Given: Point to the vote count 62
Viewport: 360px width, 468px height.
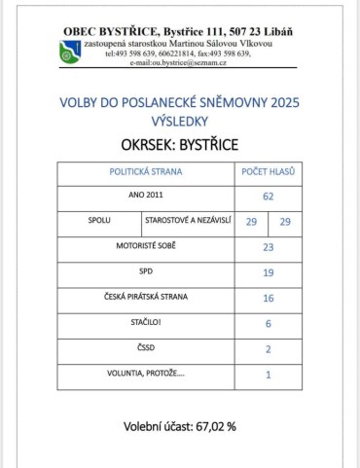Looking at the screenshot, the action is pyautogui.click(x=268, y=197).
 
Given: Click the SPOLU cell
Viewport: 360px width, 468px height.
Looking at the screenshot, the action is pyautogui.click(x=99, y=222).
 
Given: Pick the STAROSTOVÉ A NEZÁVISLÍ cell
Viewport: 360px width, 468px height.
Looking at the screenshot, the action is pyautogui.click(x=187, y=222).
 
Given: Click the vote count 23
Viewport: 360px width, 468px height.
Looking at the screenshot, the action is pyautogui.click(x=268, y=247).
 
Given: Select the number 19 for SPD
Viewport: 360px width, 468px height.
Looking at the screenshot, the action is pyautogui.click(x=268, y=272).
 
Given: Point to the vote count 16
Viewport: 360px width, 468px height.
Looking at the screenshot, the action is pyautogui.click(x=268, y=298).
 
